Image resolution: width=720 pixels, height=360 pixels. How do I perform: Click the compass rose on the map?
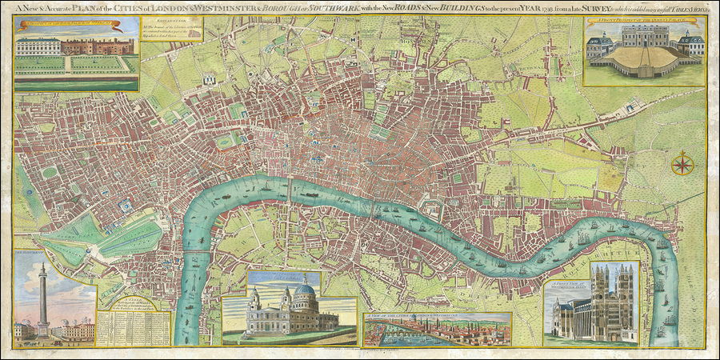click(682, 166)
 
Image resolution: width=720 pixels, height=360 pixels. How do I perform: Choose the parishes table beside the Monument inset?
click(134, 323)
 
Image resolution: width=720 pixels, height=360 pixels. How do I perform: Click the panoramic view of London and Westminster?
click(437, 330)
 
